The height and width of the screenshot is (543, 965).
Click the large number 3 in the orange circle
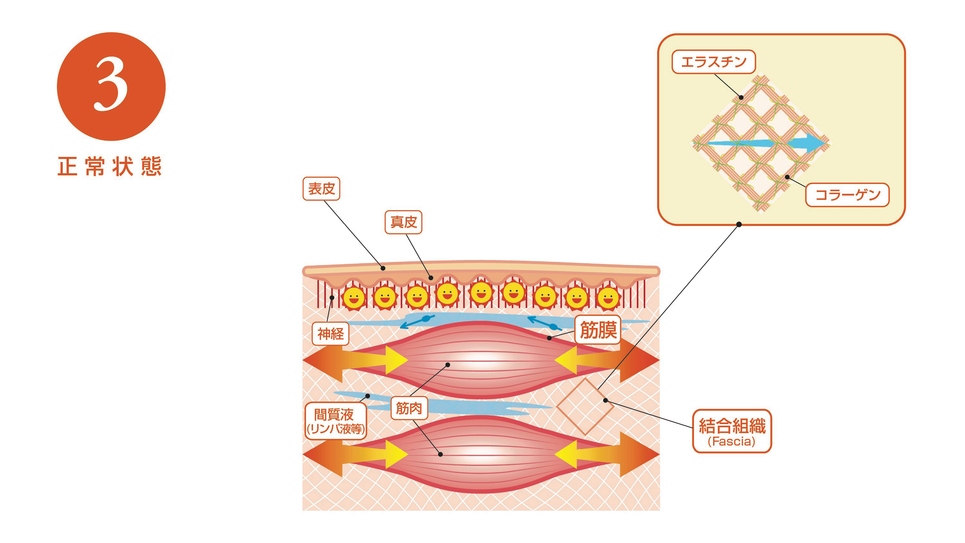pyautogui.click(x=111, y=85)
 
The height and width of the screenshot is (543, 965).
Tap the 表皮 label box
pyautogui.click(x=321, y=189)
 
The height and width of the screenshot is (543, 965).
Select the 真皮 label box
pyautogui.click(x=403, y=222)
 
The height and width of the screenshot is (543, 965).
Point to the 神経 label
pyautogui.click(x=330, y=334)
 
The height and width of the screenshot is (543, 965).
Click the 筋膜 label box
pyautogui.click(x=598, y=330)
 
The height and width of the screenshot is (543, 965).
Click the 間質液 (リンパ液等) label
pyautogui.click(x=335, y=421)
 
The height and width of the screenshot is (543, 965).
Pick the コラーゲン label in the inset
pyautogui.click(x=847, y=195)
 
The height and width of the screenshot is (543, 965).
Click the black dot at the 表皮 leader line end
pyautogui.click(x=383, y=268)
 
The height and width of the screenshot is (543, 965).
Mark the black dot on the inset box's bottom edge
pyautogui.click(x=739, y=224)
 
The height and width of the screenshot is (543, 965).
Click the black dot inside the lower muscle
pyautogui.click(x=441, y=454)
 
